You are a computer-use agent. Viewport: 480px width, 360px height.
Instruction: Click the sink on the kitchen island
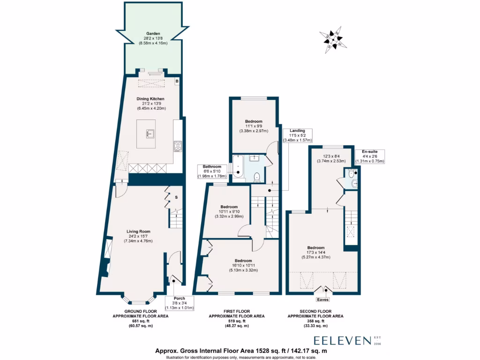pyautogui.click(x=150, y=134)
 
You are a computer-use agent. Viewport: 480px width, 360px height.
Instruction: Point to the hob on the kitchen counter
pyautogui.click(x=178, y=146)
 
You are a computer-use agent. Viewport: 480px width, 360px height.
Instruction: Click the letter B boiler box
pyautogui.click(x=177, y=82)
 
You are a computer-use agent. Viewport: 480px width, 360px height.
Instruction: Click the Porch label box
pyautogui.click(x=180, y=303)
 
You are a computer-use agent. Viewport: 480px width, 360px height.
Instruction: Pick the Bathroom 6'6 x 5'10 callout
pyautogui.click(x=212, y=172)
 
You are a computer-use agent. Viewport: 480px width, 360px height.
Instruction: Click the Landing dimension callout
pyautogui.click(x=297, y=135)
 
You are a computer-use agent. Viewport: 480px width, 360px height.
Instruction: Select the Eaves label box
pyautogui.click(x=323, y=299)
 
